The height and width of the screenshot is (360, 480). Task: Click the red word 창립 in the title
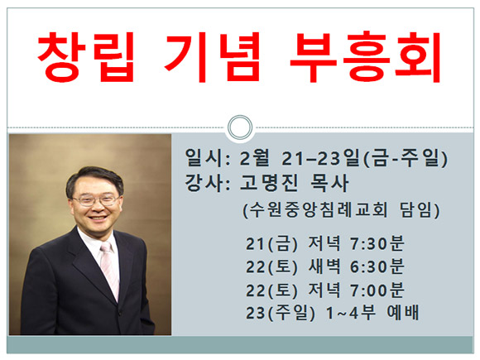[x=86, y=57]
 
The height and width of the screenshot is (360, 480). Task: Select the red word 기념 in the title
[x=212, y=57]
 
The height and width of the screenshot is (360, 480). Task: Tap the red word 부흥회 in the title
[x=365, y=57]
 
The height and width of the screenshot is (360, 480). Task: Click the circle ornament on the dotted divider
[x=240, y=127]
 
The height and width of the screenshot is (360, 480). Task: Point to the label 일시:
[x=207, y=158]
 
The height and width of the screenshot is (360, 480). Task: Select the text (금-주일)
[x=406, y=158]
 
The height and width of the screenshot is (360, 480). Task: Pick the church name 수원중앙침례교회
[x=315, y=210]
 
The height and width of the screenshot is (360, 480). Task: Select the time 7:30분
[x=377, y=243]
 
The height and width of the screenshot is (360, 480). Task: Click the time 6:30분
[x=377, y=266]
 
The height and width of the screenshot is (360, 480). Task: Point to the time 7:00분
[x=377, y=290]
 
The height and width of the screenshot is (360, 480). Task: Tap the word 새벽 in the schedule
[x=324, y=266]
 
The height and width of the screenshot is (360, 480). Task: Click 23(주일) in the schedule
[x=281, y=313]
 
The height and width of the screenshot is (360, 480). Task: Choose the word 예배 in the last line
[x=402, y=312]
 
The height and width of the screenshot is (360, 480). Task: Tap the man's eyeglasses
[x=96, y=200]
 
